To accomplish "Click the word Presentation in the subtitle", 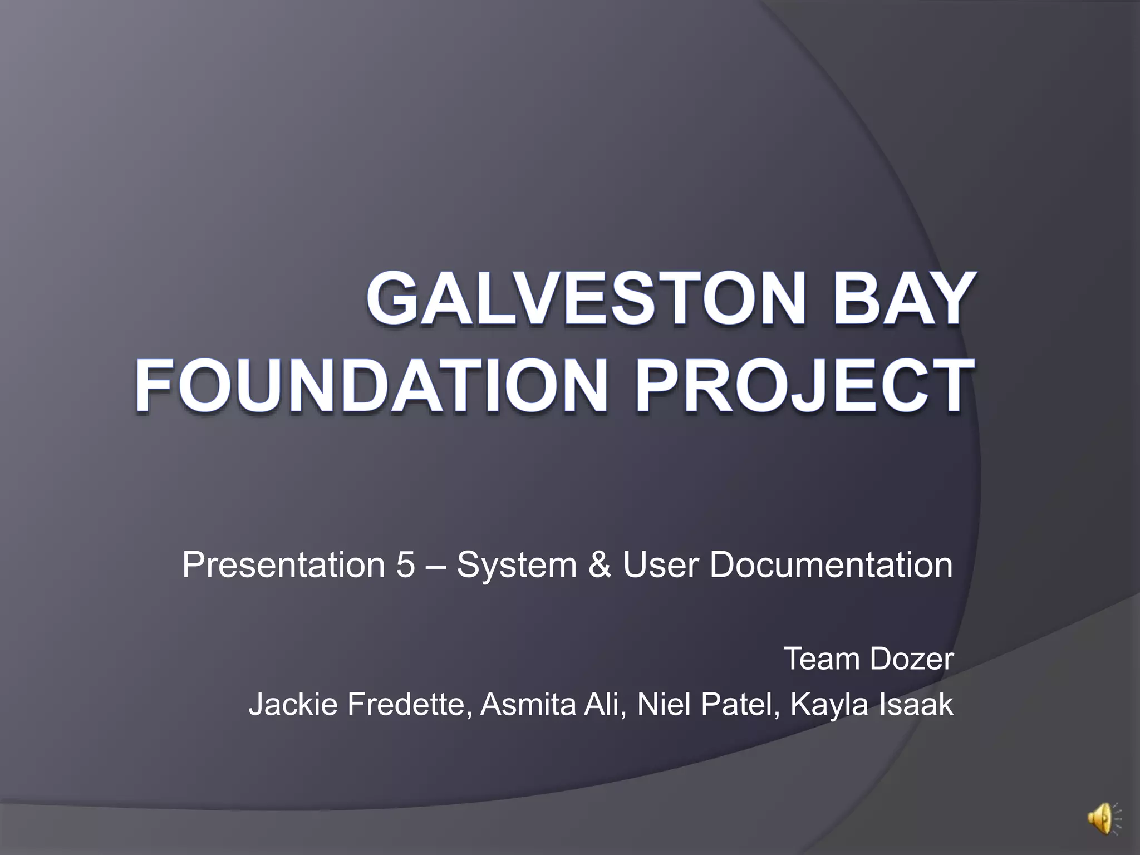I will [283, 565].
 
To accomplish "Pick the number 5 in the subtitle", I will [406, 565].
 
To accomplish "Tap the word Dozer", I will [911, 659].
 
